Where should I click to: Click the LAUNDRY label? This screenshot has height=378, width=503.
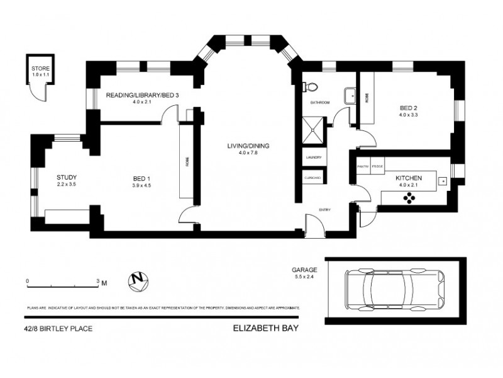point(313,157)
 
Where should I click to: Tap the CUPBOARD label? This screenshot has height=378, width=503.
point(313,178)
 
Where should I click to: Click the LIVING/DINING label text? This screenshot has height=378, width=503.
point(248,146)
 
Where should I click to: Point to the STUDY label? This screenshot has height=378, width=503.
point(66,177)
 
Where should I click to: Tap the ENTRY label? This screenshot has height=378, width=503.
point(324,210)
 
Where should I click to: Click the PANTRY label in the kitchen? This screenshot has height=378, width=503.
point(363,166)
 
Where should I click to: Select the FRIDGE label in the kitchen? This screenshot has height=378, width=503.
point(377,166)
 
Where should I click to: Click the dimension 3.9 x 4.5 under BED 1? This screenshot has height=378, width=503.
point(140,185)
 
